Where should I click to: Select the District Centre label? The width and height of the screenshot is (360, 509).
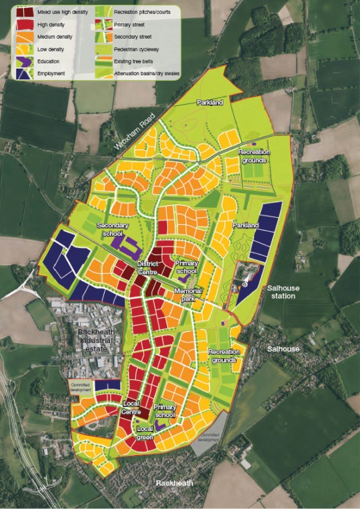(x=147, y=267)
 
